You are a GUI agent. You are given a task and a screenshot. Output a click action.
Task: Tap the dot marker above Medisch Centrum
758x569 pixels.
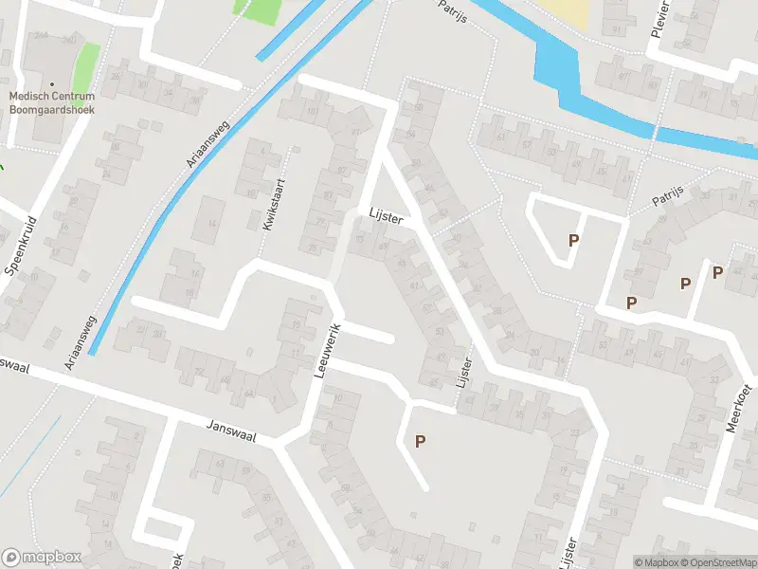click(x=52, y=83)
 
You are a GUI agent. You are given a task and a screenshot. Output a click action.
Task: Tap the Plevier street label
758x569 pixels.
click(x=659, y=19)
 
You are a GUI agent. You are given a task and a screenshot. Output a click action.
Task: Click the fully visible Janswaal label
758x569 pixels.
click(x=230, y=428)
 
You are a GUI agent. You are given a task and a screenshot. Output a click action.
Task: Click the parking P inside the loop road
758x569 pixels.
click(x=573, y=241)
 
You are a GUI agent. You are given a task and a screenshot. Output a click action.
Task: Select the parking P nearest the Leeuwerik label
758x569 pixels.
click(x=420, y=440)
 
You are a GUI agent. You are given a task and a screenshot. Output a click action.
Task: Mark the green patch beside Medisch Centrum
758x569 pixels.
click(x=87, y=63)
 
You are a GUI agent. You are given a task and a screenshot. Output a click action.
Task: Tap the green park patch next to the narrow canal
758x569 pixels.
click(x=259, y=10)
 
